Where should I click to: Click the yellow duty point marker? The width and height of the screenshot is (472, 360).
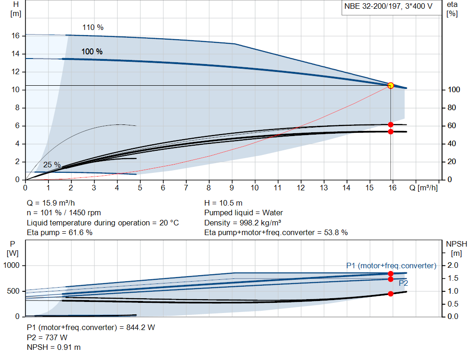click(390, 85)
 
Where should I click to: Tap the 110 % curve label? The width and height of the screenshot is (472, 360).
click(93, 27)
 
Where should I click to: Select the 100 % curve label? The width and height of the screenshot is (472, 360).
click(92, 52)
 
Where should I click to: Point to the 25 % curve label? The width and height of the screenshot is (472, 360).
click(52, 165)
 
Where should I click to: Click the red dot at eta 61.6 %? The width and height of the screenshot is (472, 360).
click(390, 124)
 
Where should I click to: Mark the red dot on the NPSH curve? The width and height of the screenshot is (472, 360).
click(390, 294)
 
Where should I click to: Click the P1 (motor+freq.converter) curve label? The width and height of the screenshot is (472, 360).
click(391, 266)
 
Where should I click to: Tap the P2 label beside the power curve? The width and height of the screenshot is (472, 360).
click(403, 283)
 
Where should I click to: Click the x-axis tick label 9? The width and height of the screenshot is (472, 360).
click(232, 188)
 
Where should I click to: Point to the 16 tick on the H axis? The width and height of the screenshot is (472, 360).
click(15, 35)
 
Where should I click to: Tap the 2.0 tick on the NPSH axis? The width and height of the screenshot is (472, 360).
click(453, 266)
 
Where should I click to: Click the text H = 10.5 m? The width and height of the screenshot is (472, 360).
click(223, 203)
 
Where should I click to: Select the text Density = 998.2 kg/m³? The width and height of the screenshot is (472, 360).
click(243, 223)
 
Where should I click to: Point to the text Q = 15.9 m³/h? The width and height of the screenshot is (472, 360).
click(50, 203)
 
